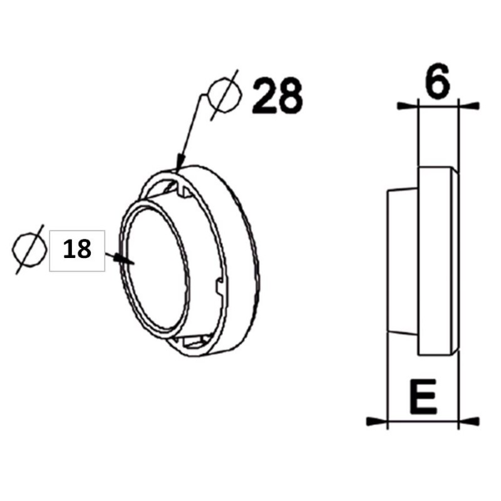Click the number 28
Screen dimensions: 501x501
pos(277,96)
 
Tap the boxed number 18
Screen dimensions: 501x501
pos(77,249)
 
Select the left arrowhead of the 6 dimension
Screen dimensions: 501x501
pos(406,105)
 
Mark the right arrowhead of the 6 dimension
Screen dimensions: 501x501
pos(469,105)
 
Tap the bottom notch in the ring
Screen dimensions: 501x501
pos(191,341)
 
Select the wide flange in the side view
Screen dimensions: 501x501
pos(437,260)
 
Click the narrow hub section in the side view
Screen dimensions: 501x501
pos(402,260)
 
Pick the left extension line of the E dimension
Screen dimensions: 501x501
pos(388,376)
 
